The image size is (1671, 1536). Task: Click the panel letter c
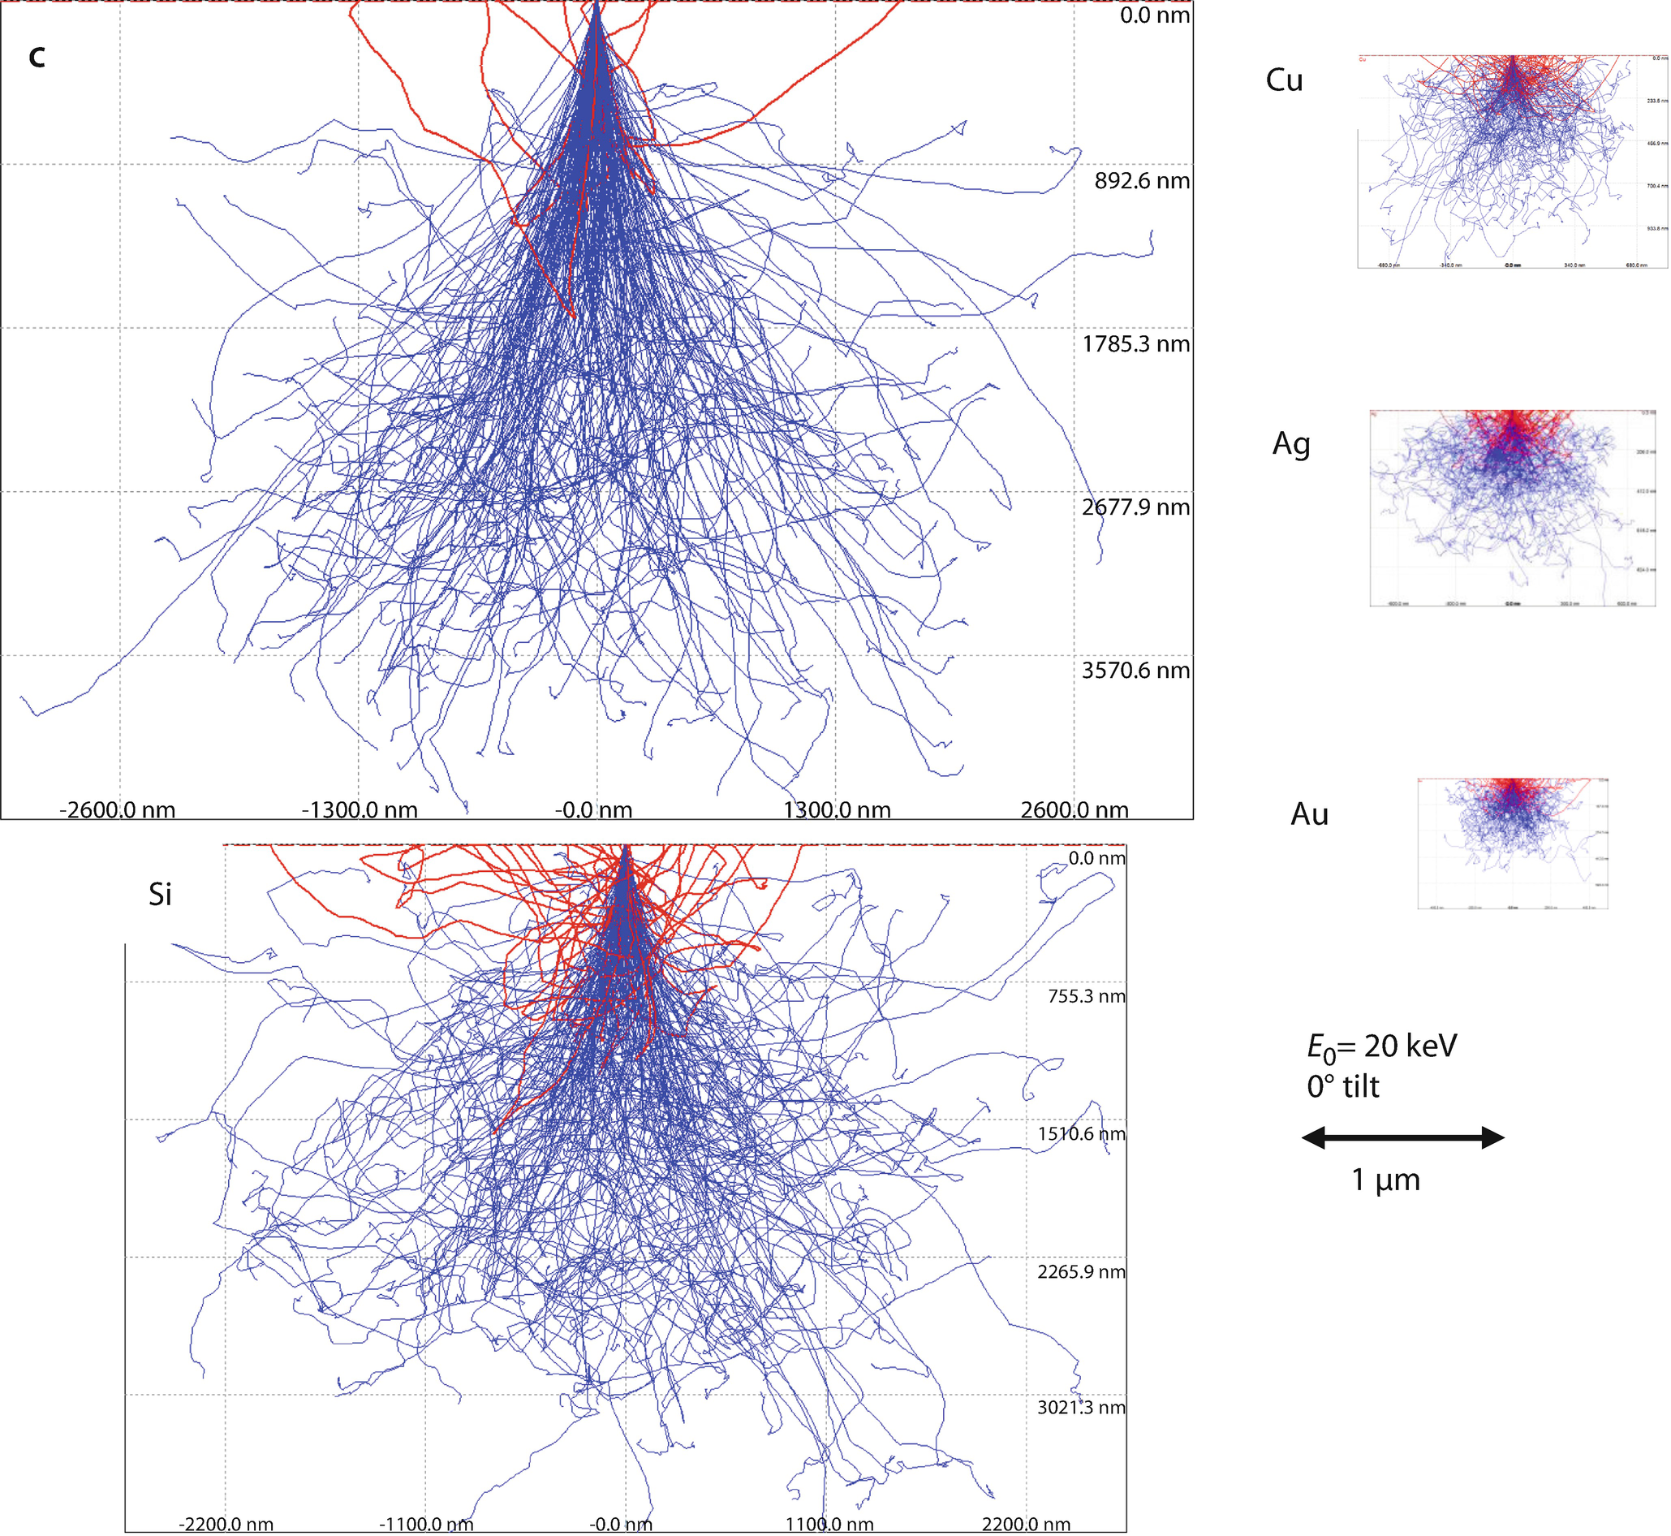pos(37,58)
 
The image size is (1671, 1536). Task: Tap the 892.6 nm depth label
pos(1142,181)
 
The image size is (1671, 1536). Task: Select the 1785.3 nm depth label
pos(1136,344)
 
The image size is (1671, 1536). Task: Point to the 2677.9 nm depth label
pos(1136,507)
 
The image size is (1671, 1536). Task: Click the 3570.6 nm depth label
pos(1136,671)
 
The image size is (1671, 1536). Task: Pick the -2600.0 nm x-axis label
pos(117,809)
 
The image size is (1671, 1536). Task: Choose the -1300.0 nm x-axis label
pos(359,809)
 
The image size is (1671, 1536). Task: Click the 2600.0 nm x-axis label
pos(1075,809)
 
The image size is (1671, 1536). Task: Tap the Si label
pos(160,895)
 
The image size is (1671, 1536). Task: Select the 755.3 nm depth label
pos(1086,997)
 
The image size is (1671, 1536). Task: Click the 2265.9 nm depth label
pos(1081,1271)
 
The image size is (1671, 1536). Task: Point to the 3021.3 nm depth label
pos(1081,1407)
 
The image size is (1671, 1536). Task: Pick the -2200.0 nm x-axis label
pos(225,1524)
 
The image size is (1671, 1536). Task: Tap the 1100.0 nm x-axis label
pos(829,1524)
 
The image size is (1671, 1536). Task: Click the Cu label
pos(1284,80)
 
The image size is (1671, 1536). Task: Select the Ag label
pos(1291,444)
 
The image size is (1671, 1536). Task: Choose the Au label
pos(1310,814)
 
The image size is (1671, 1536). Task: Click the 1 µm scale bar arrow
pos(1402,1138)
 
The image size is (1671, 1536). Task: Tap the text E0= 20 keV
pos(1382,1047)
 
